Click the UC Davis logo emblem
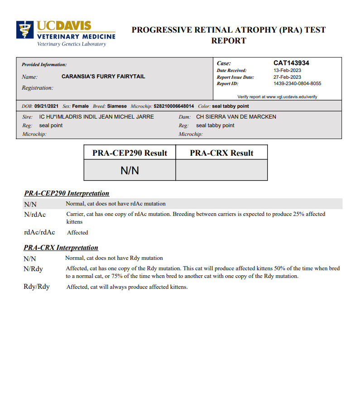coord(25,29)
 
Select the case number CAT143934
coord(291,63)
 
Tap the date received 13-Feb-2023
coord(287,71)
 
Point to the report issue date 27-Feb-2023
coord(287,77)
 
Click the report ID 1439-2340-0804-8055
coord(297,84)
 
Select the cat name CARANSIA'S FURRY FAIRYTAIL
coord(103,77)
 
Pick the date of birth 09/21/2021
coord(46,106)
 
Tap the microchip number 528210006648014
coord(173,106)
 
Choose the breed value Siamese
coord(117,106)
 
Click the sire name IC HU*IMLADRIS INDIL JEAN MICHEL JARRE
coord(96,117)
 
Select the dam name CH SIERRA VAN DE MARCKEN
coord(236,117)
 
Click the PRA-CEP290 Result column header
coord(130,153)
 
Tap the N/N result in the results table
coord(130,170)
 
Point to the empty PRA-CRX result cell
coord(221,170)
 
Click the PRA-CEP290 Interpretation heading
coord(67,193)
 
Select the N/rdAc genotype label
coord(35,215)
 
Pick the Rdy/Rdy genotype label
coord(36,287)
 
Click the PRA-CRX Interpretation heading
coord(61,248)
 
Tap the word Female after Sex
coord(81,106)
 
